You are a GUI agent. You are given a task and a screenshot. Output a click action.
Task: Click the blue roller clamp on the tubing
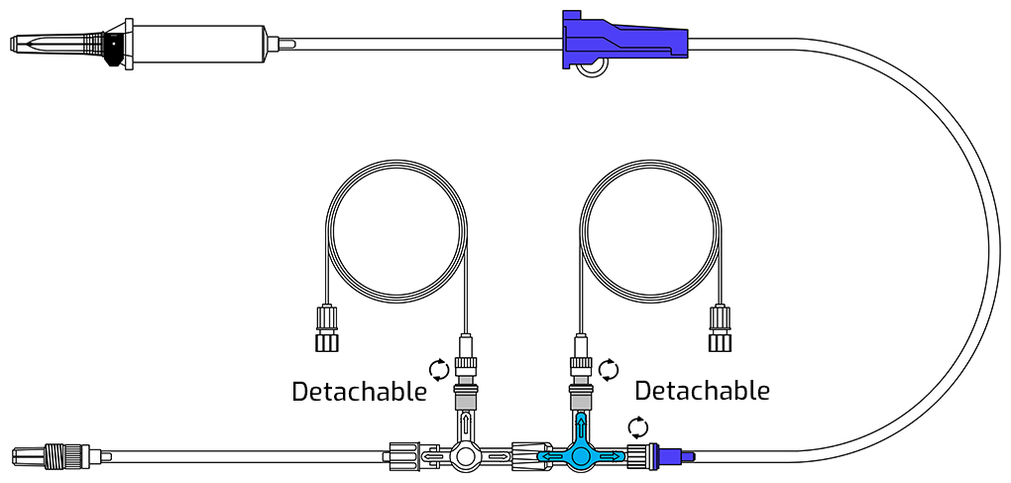[x=624, y=40]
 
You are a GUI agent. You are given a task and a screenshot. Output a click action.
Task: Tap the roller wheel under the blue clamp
[x=592, y=67]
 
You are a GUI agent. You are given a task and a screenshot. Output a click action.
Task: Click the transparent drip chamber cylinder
[x=200, y=44]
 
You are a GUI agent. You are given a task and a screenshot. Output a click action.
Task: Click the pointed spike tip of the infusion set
[x=14, y=44]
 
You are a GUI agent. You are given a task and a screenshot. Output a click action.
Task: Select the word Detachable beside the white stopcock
[x=359, y=392]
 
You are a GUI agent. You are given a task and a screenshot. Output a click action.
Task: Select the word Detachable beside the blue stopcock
[x=702, y=390]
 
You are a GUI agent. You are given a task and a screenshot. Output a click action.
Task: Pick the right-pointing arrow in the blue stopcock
[x=613, y=456]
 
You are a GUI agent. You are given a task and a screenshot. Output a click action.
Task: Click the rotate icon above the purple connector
[x=638, y=426]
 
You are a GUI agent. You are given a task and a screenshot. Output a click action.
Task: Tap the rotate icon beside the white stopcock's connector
[x=439, y=370]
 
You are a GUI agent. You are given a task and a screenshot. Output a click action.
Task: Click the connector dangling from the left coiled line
[x=327, y=328]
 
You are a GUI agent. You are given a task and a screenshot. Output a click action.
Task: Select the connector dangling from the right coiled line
[x=720, y=328]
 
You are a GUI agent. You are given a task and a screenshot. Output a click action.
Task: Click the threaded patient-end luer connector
[x=58, y=455]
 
